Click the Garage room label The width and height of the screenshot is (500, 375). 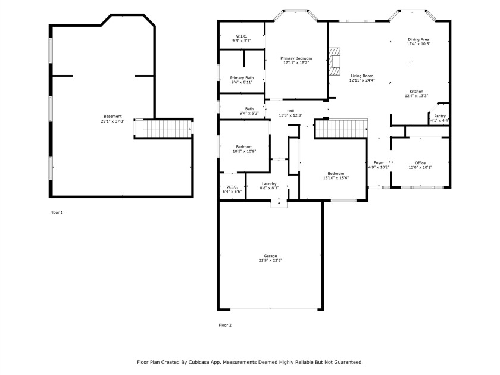point(270,256)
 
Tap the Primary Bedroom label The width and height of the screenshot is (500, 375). point(296,58)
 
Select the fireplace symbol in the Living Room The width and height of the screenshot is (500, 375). point(335,61)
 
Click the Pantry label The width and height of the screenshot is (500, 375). point(440,116)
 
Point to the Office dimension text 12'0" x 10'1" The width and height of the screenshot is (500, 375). point(420,167)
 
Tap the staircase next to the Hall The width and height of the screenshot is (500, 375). point(341,129)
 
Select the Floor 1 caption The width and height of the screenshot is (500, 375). point(57,212)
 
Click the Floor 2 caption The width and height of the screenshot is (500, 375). point(225,325)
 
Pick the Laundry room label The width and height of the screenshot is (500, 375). point(269,184)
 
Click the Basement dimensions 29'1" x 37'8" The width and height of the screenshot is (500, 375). point(112,121)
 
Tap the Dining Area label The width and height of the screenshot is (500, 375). point(418,39)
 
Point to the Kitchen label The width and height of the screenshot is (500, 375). point(417,92)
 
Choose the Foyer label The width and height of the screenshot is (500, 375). point(379,163)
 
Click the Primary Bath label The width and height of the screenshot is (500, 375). point(242,78)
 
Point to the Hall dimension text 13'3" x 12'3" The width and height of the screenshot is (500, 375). point(290,115)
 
